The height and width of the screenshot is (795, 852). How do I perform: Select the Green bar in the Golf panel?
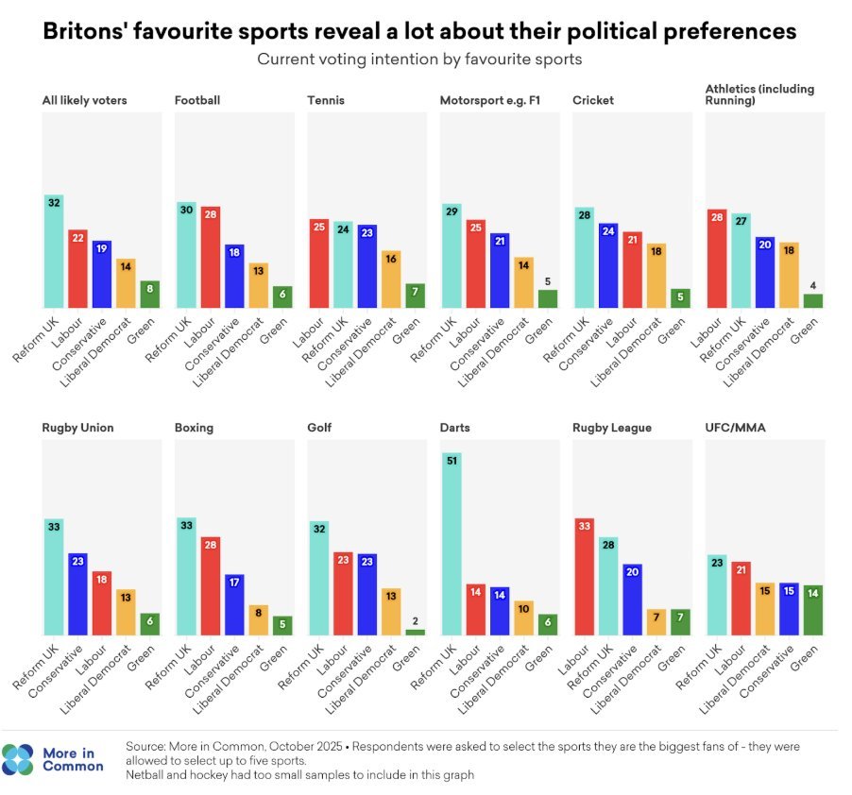[x=416, y=632]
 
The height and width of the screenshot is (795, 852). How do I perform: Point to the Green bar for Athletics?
[x=812, y=300]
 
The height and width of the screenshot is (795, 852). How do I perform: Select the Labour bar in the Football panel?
[x=210, y=257]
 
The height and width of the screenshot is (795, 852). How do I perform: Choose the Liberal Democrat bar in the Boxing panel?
[x=258, y=619]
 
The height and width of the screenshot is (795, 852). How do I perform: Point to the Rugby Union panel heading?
[x=77, y=428]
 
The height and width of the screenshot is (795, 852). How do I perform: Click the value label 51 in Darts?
[x=452, y=462]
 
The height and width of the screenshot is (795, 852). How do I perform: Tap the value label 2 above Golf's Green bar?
[x=416, y=619]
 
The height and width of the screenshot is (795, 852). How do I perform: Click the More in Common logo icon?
[x=18, y=759]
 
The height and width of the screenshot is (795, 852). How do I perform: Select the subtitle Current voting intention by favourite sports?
[x=419, y=59]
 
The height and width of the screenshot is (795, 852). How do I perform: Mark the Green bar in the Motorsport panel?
[x=548, y=298]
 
